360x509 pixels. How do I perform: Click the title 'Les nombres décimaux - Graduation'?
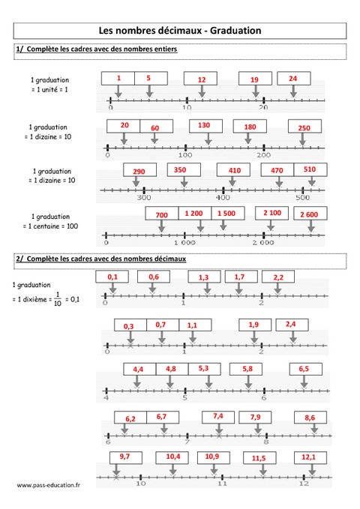(x=180, y=31)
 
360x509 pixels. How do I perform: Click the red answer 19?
(x=254, y=79)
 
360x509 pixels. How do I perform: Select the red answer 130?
(x=204, y=125)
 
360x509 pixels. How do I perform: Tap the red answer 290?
(x=138, y=172)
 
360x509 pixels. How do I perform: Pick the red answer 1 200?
(x=193, y=214)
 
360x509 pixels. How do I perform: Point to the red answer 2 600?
(x=309, y=214)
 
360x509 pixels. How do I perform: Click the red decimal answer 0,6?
(x=153, y=277)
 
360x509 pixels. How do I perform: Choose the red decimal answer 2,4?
(x=291, y=325)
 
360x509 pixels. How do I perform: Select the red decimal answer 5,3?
(x=203, y=368)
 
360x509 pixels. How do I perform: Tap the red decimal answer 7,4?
(x=218, y=416)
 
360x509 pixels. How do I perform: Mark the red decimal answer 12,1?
(x=308, y=457)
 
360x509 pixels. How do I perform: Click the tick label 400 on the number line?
(x=223, y=197)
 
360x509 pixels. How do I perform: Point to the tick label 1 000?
(x=184, y=243)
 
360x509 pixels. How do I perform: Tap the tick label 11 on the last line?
(x=221, y=484)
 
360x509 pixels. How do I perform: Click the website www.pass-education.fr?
(x=49, y=485)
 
